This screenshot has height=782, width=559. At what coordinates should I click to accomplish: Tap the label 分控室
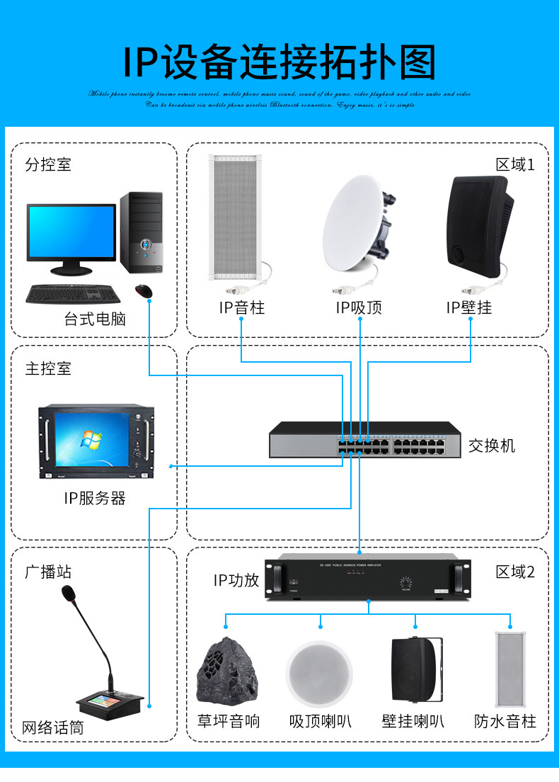coord(48,165)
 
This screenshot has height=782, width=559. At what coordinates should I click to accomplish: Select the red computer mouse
coord(144,290)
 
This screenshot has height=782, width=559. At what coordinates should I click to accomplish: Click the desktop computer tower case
coord(141,232)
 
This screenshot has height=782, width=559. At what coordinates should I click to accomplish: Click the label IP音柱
coord(241,307)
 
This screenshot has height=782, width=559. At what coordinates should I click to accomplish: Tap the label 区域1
coord(515,165)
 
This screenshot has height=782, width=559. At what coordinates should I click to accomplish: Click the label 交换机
coord(492,446)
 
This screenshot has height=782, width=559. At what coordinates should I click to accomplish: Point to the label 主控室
coord(48,368)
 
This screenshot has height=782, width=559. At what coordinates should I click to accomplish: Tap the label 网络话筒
coord(52,727)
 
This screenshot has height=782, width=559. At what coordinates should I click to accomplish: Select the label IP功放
coord(236,581)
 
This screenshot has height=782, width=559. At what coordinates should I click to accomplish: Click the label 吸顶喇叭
coord(320,722)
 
